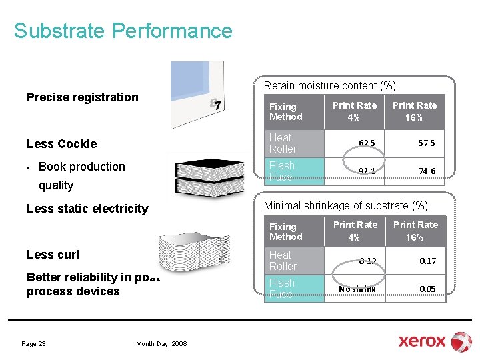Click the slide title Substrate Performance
pos(123,31)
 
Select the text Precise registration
pos(82,97)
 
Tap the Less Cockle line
pos(61,144)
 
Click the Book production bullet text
pos(81,167)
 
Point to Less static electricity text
pos(87,209)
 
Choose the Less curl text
pos(53,255)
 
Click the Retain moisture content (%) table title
pos(329,85)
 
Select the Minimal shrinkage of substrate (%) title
pos(346,205)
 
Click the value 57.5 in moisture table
pos(427,143)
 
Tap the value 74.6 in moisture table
pos(427,171)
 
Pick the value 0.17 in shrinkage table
pos(427,261)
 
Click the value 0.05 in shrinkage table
pos(427,289)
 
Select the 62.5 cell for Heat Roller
pos(366,143)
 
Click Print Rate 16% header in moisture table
pos(414,111)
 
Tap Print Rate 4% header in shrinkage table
pos(355,231)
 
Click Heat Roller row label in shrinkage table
pos(283,260)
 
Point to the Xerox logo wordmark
pos(422,341)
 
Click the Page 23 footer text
pos(33,344)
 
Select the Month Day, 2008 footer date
pos(161,344)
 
